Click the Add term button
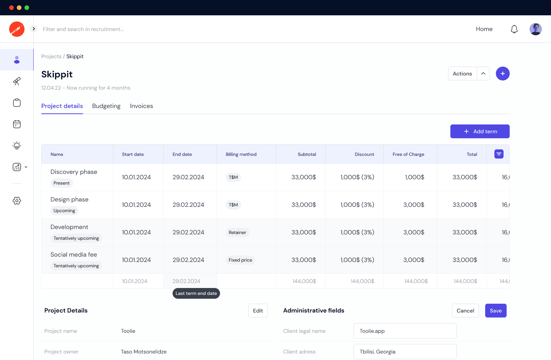480,131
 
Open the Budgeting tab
106,106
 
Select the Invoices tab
142,106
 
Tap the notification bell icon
514,29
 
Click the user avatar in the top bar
536,29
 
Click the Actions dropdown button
463,74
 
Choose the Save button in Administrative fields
496,311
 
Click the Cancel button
465,311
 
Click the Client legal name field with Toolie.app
405,331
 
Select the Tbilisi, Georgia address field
405,352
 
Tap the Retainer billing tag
237,232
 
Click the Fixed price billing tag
240,260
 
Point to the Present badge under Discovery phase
62,183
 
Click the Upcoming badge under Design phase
64,211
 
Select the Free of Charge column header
408,154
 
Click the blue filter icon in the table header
499,154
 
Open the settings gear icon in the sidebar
17,201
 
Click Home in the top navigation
484,29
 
